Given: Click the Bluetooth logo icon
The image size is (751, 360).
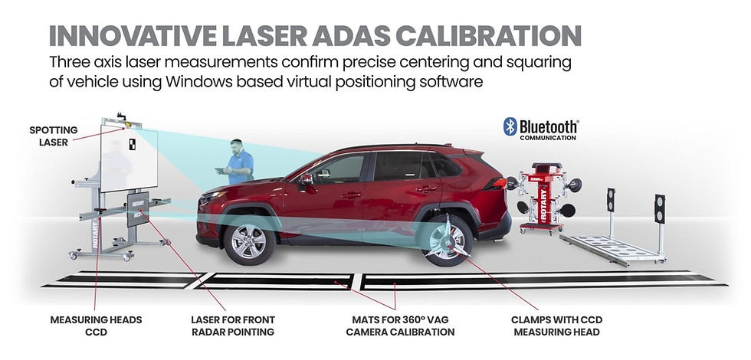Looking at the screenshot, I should point(510,126).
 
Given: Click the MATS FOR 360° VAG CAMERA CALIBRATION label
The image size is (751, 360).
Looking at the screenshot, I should point(398,325).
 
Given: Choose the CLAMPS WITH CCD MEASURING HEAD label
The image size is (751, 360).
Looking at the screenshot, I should point(556,325).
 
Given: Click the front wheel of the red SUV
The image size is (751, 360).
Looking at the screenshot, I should point(248,238).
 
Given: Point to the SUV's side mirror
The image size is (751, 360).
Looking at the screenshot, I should point(305,178).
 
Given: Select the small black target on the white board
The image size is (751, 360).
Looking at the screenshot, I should point(132,143).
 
